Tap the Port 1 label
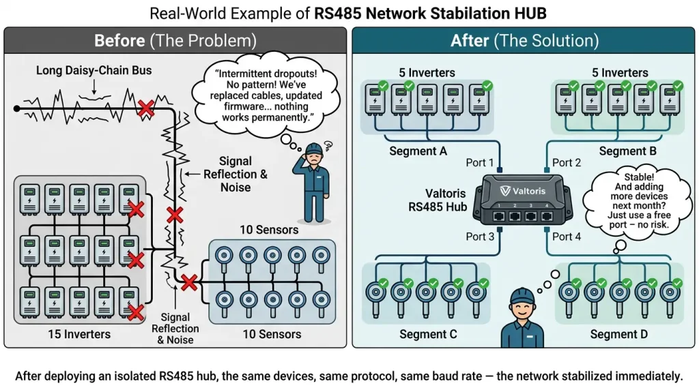pos(480,162)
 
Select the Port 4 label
pos(567,237)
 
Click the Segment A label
pos(418,151)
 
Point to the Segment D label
pos(618,334)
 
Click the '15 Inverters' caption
pos(79,334)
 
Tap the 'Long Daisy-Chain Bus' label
pos(94,70)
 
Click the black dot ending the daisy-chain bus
pos(17,108)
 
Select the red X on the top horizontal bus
pos(146,108)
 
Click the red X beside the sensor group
pos(189,282)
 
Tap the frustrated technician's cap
pos(314,148)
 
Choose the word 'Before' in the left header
pos(119,40)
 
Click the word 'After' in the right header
pos(470,40)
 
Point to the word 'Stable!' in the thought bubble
pos(639,177)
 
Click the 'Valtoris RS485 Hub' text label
pos(438,200)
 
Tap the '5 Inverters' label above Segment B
pos(620,72)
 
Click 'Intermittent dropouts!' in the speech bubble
pos(266,74)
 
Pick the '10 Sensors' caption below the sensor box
pos(272,334)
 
